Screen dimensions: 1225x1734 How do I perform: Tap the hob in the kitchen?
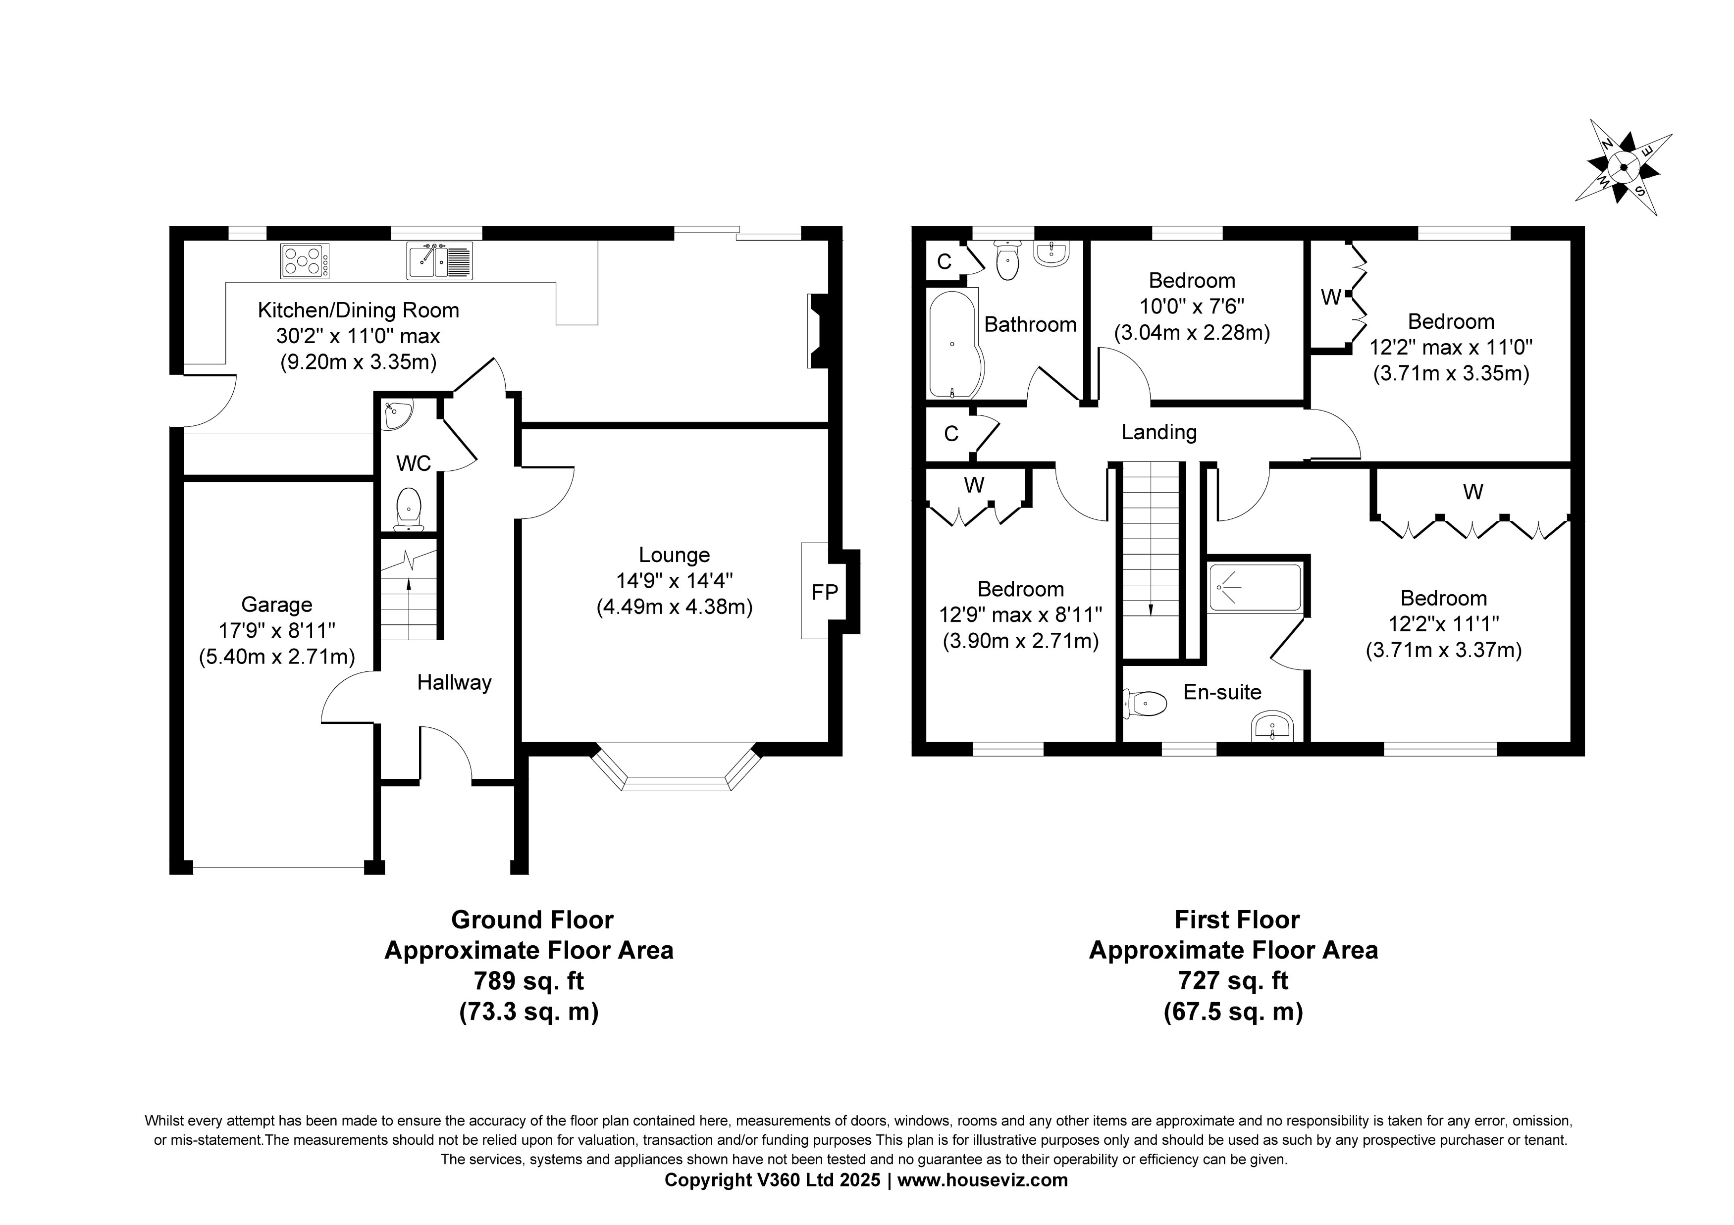[x=305, y=261]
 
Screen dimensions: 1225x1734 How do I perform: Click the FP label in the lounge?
[x=825, y=593]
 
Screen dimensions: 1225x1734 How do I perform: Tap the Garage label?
[x=276, y=605]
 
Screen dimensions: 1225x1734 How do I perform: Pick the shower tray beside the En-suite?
[x=1255, y=587]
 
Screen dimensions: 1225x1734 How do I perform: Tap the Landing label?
[x=1158, y=432]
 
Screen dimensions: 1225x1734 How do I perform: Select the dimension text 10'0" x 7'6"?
[x=1191, y=306]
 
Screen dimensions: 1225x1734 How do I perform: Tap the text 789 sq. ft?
[x=528, y=980]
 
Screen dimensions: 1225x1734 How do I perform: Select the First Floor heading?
[x=1236, y=920]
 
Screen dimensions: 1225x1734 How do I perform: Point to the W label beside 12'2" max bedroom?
[x=1330, y=298]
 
